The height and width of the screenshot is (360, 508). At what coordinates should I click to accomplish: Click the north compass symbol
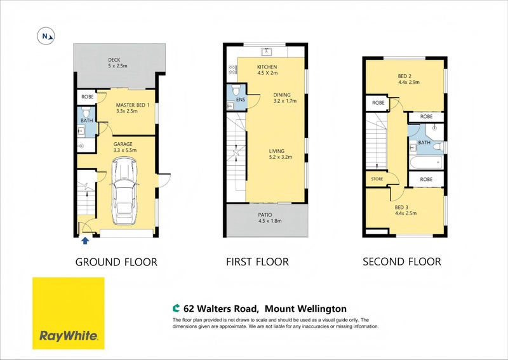[x=46, y=36]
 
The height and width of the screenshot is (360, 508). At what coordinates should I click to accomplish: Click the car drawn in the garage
[x=124, y=191]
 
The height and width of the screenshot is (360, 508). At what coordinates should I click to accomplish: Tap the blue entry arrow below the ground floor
[x=85, y=240]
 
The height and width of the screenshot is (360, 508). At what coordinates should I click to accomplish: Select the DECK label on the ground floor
[x=114, y=60]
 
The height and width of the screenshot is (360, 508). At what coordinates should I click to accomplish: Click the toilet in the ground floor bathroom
[x=86, y=113]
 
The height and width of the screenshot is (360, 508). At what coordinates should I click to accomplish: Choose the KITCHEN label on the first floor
[x=267, y=67]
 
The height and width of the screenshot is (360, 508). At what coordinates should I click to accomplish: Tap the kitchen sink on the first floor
[x=267, y=51]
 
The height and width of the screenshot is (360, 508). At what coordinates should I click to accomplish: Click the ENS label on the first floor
[x=241, y=100]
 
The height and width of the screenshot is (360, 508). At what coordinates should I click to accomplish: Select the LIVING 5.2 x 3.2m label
[x=281, y=154]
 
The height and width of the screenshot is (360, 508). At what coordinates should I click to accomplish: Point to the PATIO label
[x=265, y=215]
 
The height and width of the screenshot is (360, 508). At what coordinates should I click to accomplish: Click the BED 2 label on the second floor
[x=404, y=76]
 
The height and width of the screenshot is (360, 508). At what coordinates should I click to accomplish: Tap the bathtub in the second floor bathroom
[x=426, y=163]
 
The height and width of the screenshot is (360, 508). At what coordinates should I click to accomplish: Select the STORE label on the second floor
[x=377, y=179]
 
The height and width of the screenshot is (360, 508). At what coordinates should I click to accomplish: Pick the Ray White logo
[x=69, y=314]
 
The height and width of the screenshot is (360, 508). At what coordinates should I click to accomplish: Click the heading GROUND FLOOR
[x=116, y=262]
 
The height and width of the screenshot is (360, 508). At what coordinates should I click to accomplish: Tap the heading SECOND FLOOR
[x=402, y=262]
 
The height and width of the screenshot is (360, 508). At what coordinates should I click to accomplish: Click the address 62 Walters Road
[x=220, y=309]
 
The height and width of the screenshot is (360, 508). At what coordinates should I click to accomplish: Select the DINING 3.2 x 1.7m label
[x=285, y=98]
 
